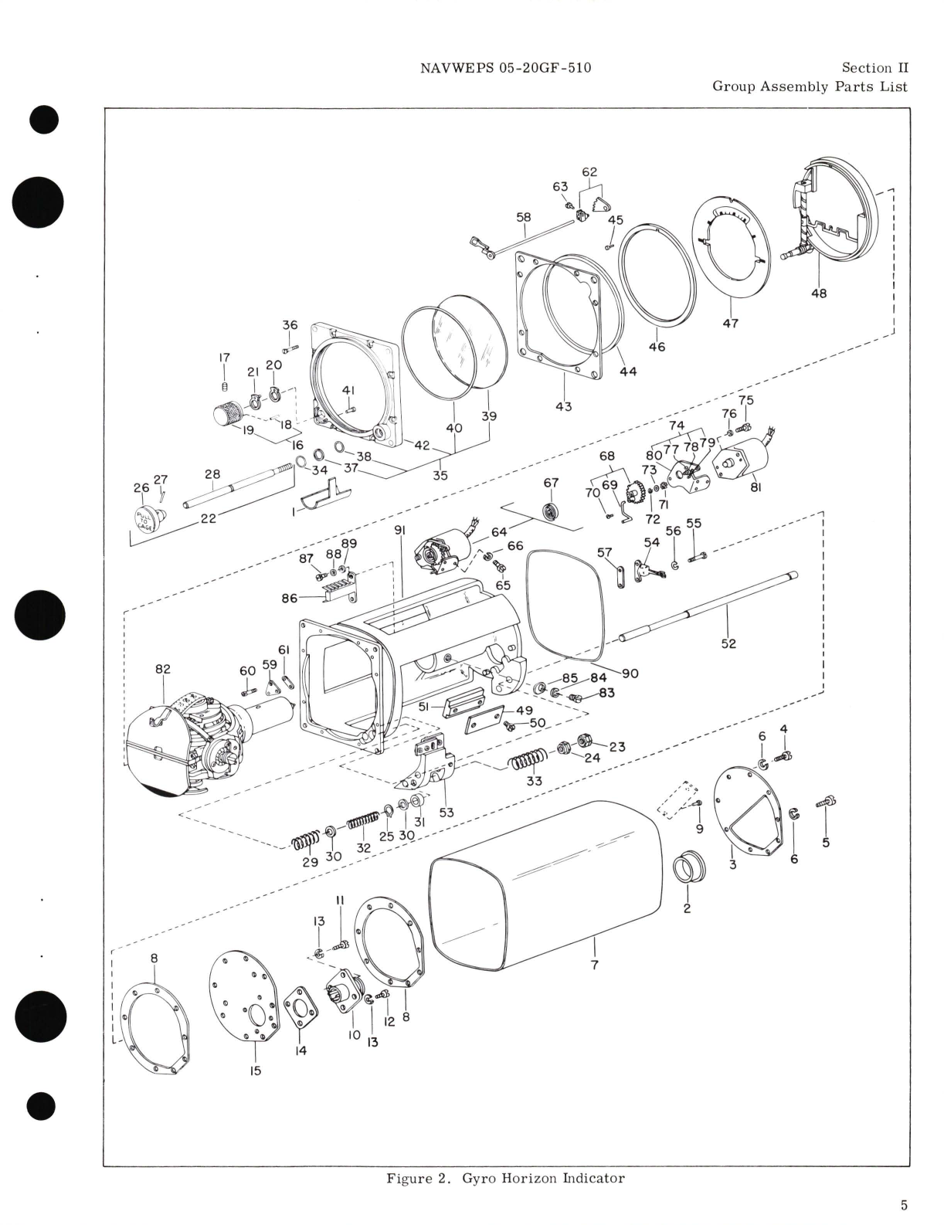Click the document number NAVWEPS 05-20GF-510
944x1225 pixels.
tap(505, 68)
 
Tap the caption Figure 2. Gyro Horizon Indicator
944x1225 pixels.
tap(505, 1178)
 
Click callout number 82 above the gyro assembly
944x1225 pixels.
tap(162, 669)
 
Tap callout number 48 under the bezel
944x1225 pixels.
tap(818, 294)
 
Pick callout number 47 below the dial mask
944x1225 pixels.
tap(730, 323)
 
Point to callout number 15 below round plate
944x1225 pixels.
tap(256, 1071)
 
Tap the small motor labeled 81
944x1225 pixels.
tap(740, 460)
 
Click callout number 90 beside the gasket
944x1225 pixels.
tap(630, 673)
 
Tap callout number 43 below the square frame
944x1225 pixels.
tap(563, 406)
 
